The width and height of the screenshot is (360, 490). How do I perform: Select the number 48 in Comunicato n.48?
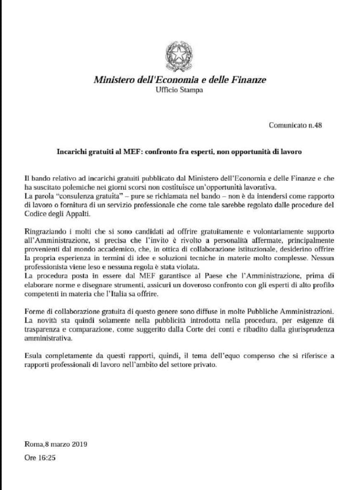point(318,125)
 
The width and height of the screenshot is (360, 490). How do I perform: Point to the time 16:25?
point(47,458)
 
